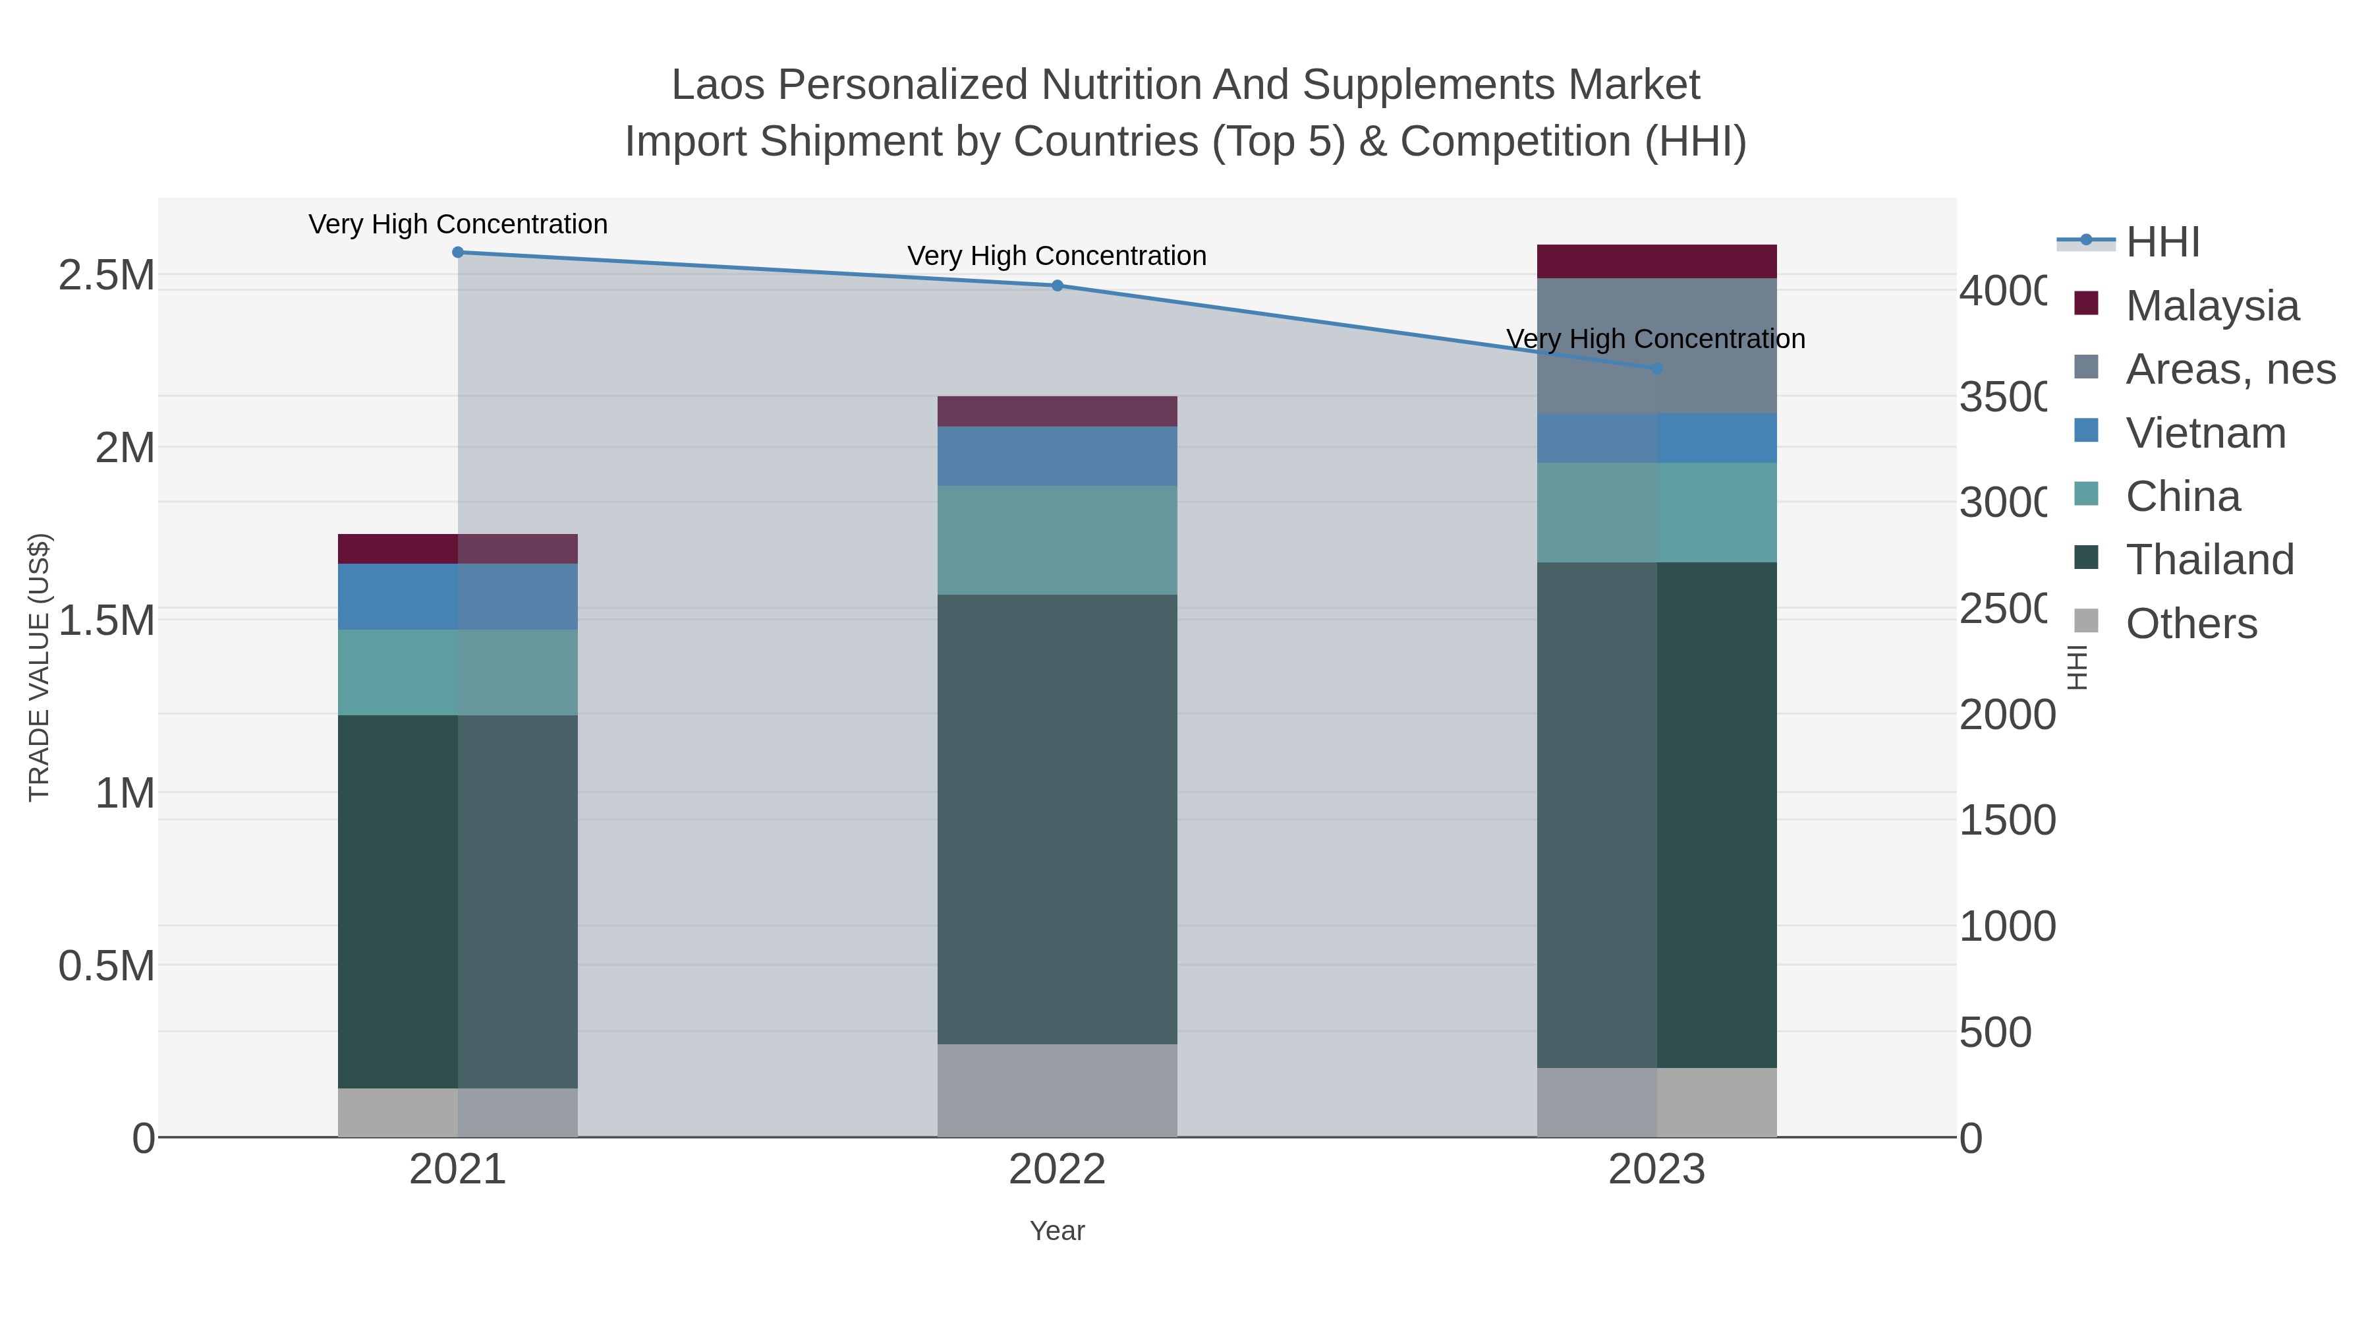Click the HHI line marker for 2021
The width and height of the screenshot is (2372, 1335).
[x=458, y=252]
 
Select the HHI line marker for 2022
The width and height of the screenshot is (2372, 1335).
[x=1057, y=285]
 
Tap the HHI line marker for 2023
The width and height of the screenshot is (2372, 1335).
[x=1656, y=369]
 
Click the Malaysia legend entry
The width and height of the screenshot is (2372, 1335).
[x=2211, y=305]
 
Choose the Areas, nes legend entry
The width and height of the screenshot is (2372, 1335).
[x=2229, y=369]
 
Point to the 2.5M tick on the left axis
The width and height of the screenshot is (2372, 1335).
[x=106, y=274]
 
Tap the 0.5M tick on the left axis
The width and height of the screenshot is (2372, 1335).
[x=106, y=966]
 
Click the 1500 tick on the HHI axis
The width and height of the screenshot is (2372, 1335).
[x=2006, y=820]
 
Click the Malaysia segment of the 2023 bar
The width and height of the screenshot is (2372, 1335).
[x=1656, y=262]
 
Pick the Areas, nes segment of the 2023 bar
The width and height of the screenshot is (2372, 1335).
[x=1656, y=345]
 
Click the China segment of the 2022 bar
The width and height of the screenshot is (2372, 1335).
[x=1057, y=540]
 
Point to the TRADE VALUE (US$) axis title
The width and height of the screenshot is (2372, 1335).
[x=39, y=667]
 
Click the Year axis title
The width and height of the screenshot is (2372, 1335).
[x=1057, y=1231]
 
